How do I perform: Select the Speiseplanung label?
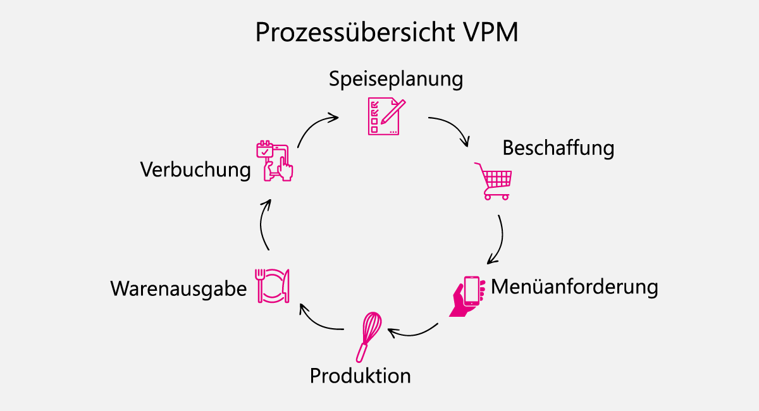[396, 80]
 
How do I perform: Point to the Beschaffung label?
[558, 148]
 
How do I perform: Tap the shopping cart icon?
[493, 181]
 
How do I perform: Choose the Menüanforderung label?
[574, 286]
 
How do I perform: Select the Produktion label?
[360, 376]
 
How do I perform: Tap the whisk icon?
[369, 335]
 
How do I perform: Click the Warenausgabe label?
[178, 288]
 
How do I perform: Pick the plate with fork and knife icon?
[273, 285]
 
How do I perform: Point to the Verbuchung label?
[195, 170]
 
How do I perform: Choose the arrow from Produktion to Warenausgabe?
[320, 322]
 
